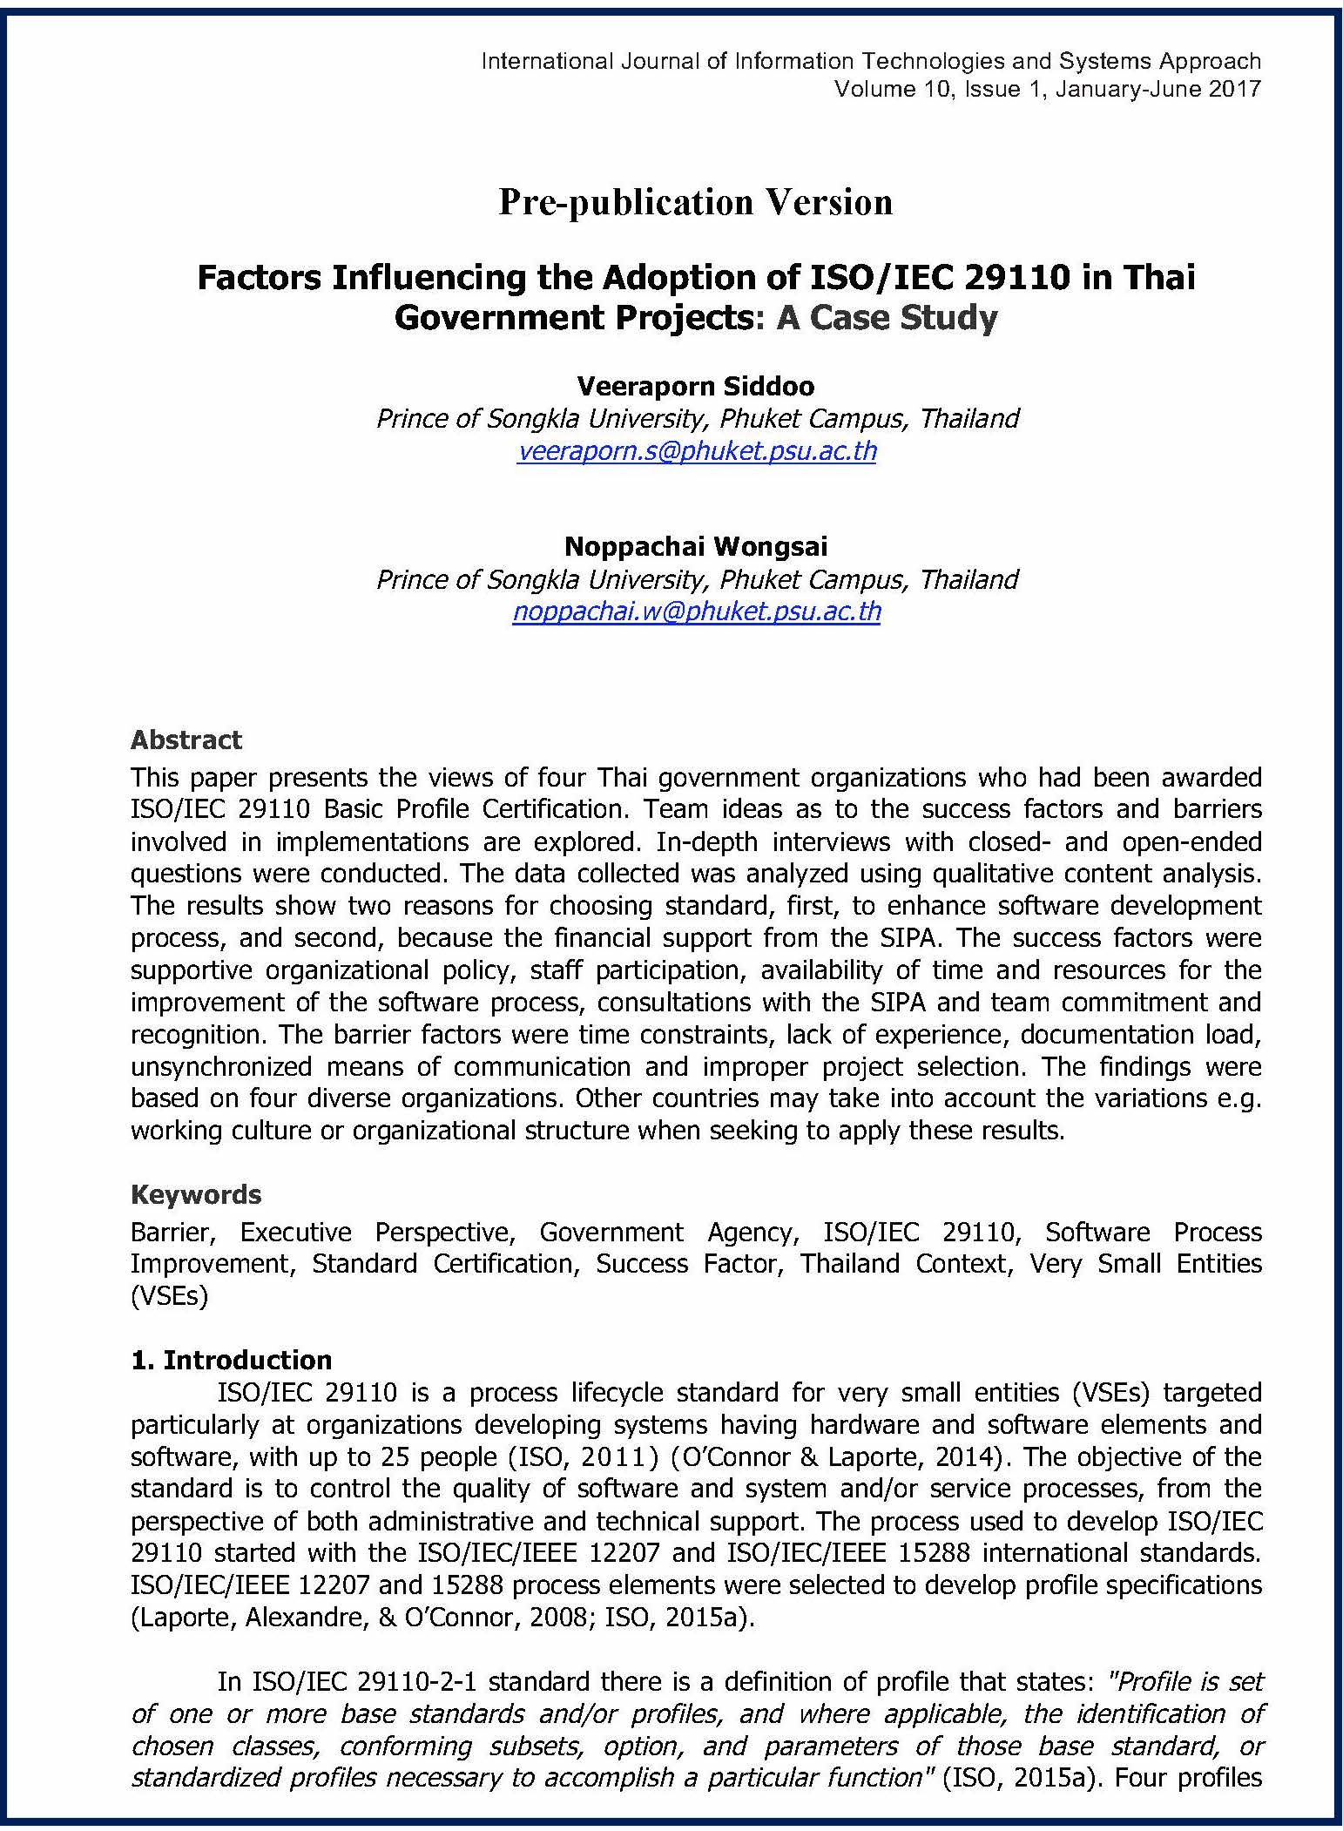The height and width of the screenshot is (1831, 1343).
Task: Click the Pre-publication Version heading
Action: (695, 202)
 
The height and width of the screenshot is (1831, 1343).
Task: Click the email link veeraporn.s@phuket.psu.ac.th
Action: (696, 451)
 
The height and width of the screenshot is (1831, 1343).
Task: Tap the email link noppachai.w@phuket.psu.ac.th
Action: (696, 611)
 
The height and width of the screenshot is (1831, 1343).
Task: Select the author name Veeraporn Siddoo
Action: (696, 386)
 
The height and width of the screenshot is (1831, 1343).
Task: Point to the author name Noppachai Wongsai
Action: (696, 546)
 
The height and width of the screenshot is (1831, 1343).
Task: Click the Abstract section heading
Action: (186, 740)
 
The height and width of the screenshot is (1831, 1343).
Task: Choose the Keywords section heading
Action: (195, 1193)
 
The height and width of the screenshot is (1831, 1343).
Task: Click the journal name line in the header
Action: (870, 61)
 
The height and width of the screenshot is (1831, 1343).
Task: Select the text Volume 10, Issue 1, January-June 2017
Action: (1047, 89)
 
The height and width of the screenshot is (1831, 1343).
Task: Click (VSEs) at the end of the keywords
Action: (169, 1296)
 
